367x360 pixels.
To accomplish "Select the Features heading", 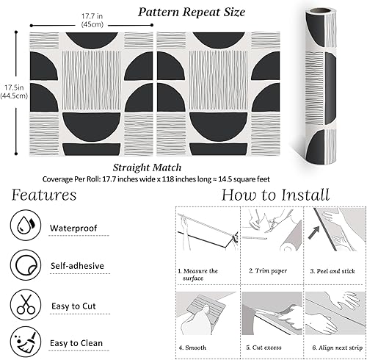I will (x=43, y=195).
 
